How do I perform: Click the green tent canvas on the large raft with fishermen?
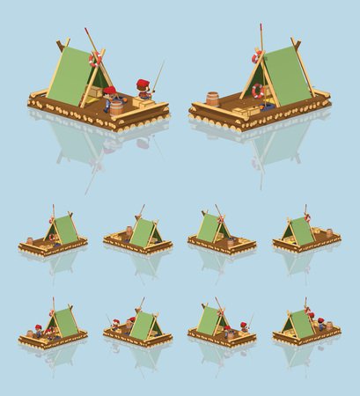click(67, 76)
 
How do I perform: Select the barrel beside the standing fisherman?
click(116, 106)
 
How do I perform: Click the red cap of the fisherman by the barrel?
click(109, 90)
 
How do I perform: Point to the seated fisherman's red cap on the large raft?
click(142, 84)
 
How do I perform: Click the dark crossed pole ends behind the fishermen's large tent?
click(61, 45)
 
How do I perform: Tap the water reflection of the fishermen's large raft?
click(88, 145)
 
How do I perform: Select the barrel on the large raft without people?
click(212, 98)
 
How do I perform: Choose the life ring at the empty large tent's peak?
click(256, 57)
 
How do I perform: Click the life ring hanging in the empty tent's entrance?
click(258, 91)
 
